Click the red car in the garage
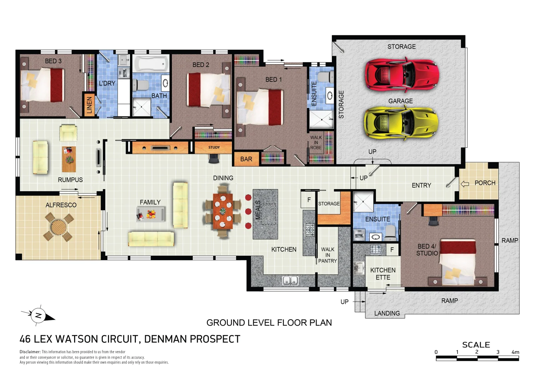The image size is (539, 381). point(402,74)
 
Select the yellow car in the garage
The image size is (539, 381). point(401,123)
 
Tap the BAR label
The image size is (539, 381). point(246,159)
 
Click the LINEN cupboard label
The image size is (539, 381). point(89,105)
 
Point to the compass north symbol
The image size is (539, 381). point(38,316)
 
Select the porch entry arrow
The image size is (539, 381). point(465,184)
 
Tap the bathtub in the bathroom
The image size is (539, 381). point(151,64)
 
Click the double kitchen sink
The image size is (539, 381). point(290,281)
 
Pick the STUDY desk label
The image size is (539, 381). point(214,147)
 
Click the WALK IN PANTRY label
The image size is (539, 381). point(328,255)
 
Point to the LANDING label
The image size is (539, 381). point(387,313)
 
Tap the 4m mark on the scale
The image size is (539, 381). point(515,352)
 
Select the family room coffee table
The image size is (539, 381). point(151,214)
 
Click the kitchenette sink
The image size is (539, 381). point(359,268)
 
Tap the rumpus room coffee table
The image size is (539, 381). point(69,159)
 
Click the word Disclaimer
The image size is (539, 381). point(30,352)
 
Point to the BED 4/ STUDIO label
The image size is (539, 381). point(427,250)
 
